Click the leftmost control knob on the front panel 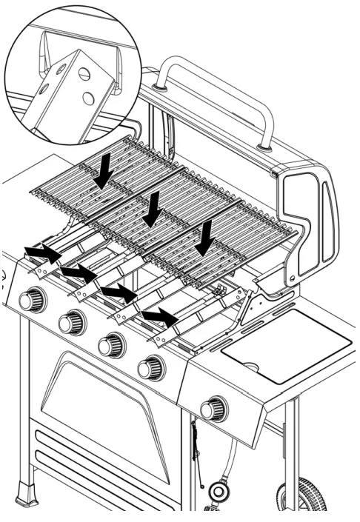32,300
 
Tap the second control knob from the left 71,322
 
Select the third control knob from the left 111,345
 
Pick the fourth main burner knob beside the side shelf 151,367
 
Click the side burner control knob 213,408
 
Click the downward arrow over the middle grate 154,210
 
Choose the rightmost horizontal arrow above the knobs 159,318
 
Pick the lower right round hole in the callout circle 89,98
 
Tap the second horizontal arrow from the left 78,275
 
